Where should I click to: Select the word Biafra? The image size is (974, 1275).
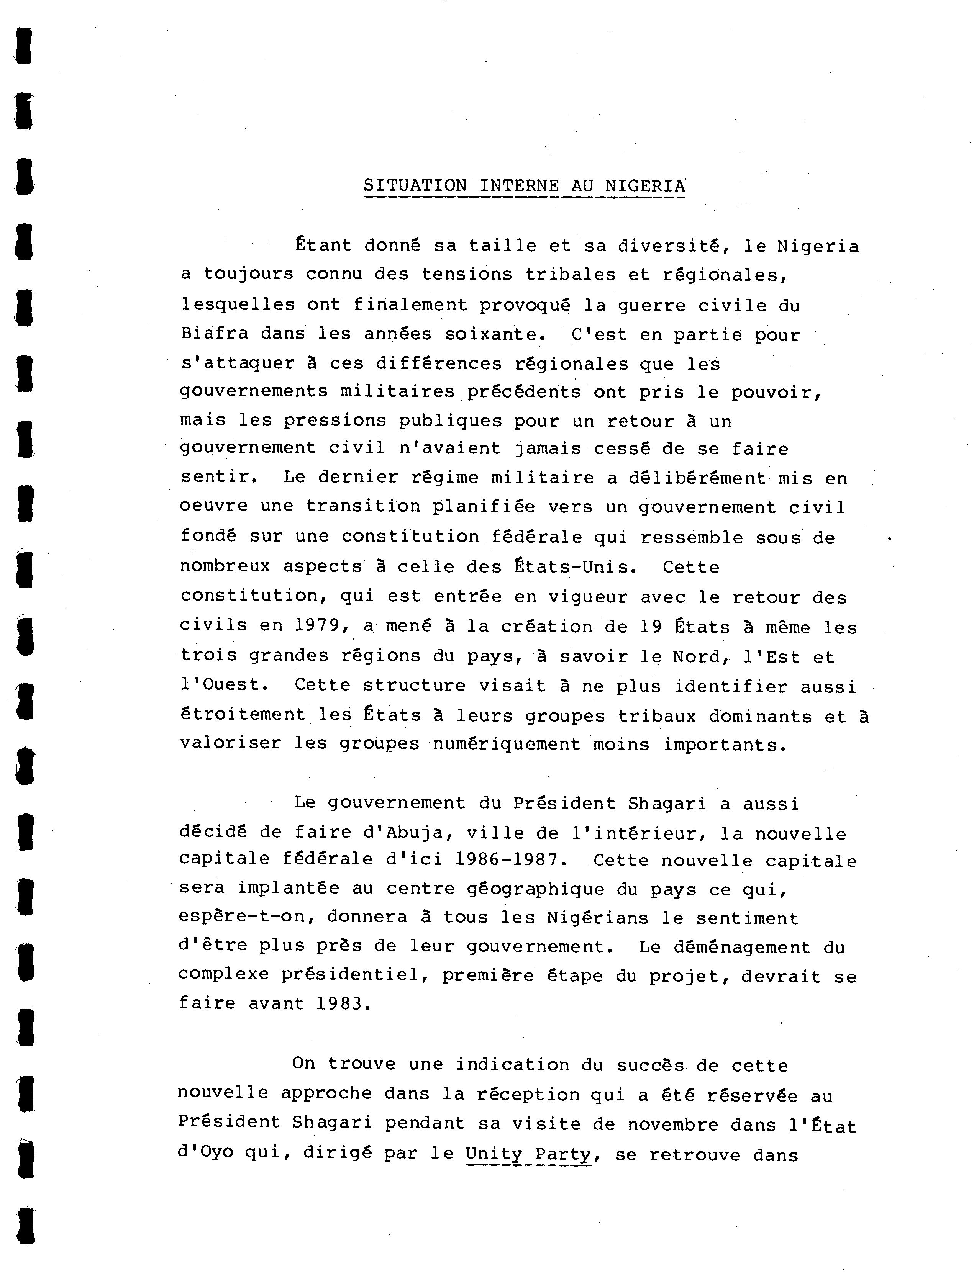pyautogui.click(x=214, y=333)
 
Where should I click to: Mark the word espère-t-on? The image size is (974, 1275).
pyautogui.click(x=246, y=917)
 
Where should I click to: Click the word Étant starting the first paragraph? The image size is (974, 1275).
pyautogui.click(x=323, y=245)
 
